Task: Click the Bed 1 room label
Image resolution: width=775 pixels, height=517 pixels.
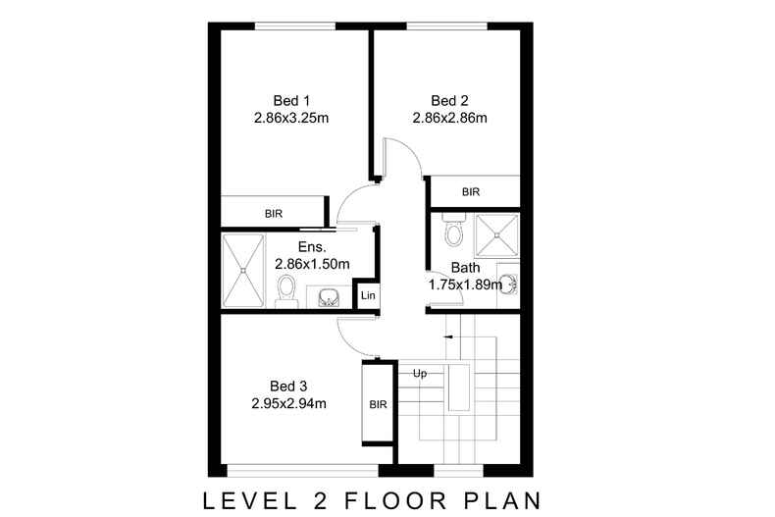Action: [291, 100]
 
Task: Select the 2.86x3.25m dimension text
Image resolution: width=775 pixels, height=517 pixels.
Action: [291, 118]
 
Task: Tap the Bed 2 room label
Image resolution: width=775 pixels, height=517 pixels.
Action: [450, 100]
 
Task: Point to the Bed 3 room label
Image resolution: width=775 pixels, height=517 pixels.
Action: [288, 386]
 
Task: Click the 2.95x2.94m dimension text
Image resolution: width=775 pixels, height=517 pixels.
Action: [288, 403]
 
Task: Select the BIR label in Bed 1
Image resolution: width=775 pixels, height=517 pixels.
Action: [274, 212]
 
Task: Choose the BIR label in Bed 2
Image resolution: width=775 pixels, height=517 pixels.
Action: [471, 192]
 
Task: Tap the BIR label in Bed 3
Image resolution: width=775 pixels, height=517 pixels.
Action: [379, 403]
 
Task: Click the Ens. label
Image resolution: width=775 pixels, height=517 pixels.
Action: [298, 247]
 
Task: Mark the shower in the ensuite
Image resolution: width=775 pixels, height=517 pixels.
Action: [241, 271]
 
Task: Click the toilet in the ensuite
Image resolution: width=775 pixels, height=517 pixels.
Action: [285, 290]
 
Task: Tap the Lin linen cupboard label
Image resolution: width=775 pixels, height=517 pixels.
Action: [367, 296]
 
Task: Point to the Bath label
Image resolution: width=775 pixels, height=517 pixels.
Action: [465, 267]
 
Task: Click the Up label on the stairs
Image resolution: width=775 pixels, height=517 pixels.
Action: [419, 374]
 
